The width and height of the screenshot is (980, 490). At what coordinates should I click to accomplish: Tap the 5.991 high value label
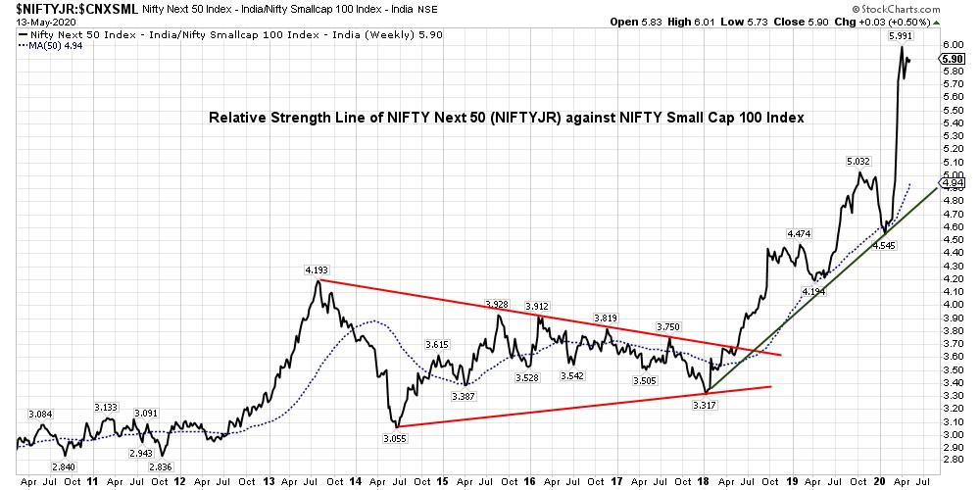(x=901, y=36)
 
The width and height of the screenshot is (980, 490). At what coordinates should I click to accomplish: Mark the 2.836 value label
(x=162, y=467)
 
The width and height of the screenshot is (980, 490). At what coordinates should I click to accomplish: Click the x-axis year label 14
(x=354, y=481)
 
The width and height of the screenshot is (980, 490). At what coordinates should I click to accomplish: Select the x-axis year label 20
(x=878, y=481)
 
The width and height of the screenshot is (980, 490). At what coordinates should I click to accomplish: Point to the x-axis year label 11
(x=92, y=481)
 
